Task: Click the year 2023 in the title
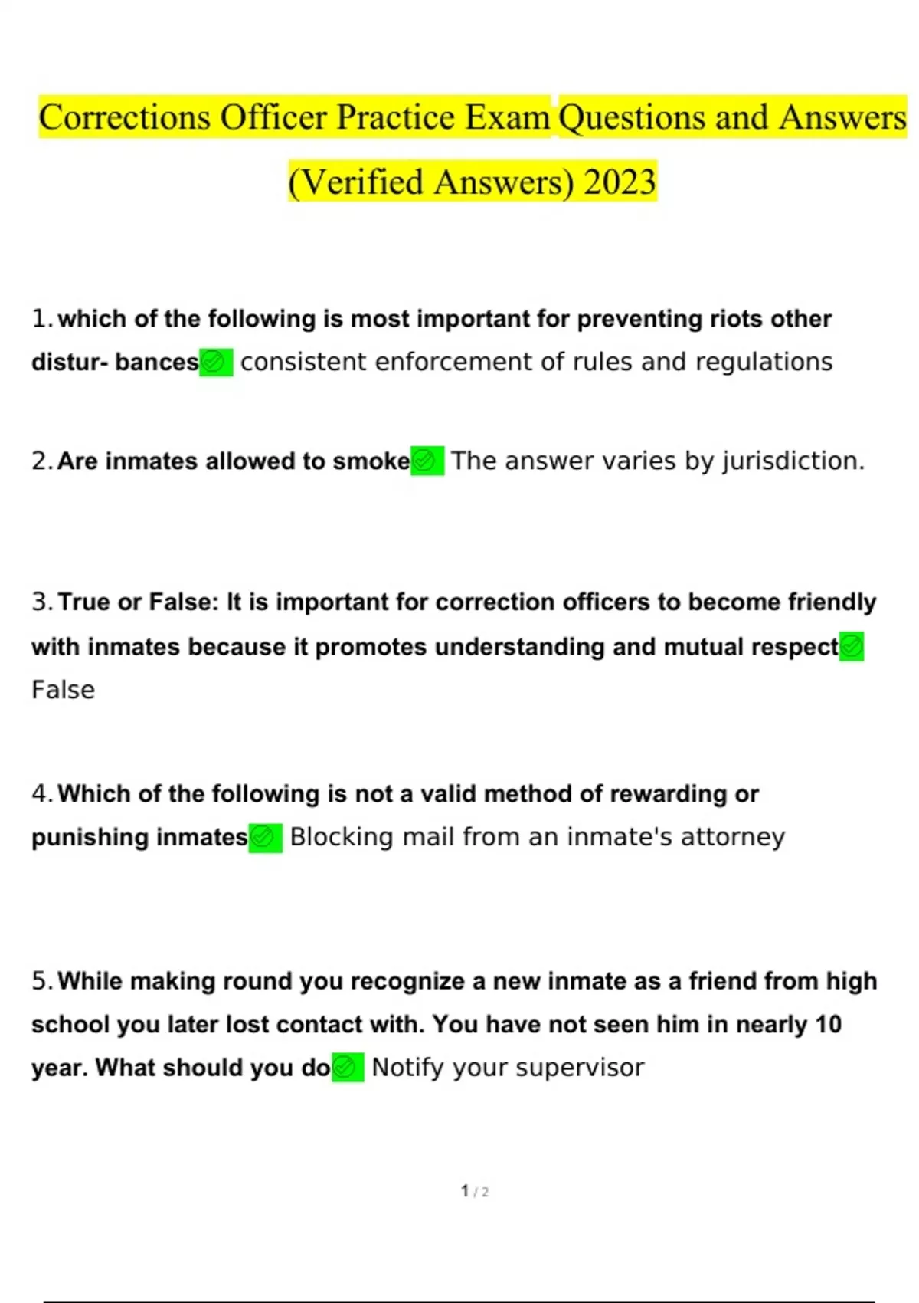620,182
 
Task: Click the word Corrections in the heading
124,117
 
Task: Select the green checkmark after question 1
215,362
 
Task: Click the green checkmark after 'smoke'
427,461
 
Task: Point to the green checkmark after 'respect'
852,646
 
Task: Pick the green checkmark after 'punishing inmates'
265,837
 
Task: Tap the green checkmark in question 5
347,1068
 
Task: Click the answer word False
64,690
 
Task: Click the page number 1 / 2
475,1191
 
